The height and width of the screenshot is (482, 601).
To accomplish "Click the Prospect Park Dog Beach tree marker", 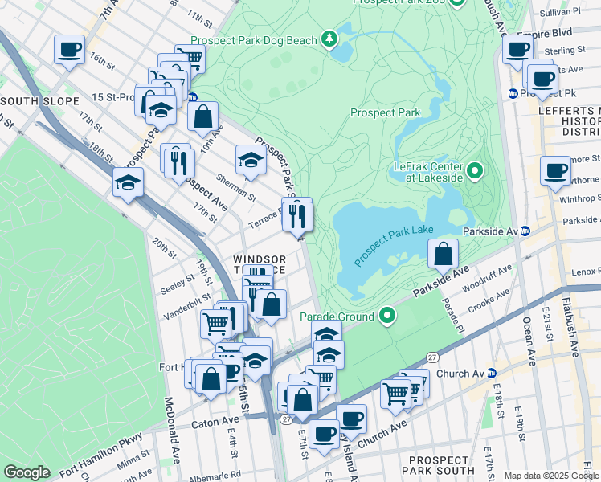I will (329, 39).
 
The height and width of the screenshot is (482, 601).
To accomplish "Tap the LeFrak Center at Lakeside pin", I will (475, 170).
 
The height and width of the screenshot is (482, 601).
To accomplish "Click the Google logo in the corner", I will (27, 472).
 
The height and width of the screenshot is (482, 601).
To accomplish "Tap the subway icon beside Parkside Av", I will (526, 231).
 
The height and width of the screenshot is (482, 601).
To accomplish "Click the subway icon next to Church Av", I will (493, 373).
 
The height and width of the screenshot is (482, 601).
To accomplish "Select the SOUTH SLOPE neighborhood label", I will (39, 100).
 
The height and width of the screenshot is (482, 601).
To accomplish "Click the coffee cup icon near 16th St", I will (69, 50).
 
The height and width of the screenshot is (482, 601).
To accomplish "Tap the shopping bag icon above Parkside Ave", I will (443, 254).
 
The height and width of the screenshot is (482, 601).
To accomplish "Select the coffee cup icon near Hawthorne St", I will (555, 170).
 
